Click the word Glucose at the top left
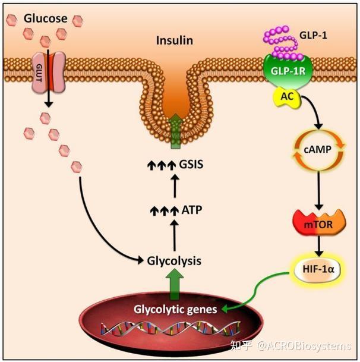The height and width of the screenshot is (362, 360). point(45,19)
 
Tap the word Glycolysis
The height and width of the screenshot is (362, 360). point(173,260)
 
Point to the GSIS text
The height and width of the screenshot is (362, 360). point(190,163)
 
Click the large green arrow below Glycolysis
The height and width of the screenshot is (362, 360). point(174,284)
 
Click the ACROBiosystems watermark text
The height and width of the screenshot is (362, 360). point(304,346)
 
